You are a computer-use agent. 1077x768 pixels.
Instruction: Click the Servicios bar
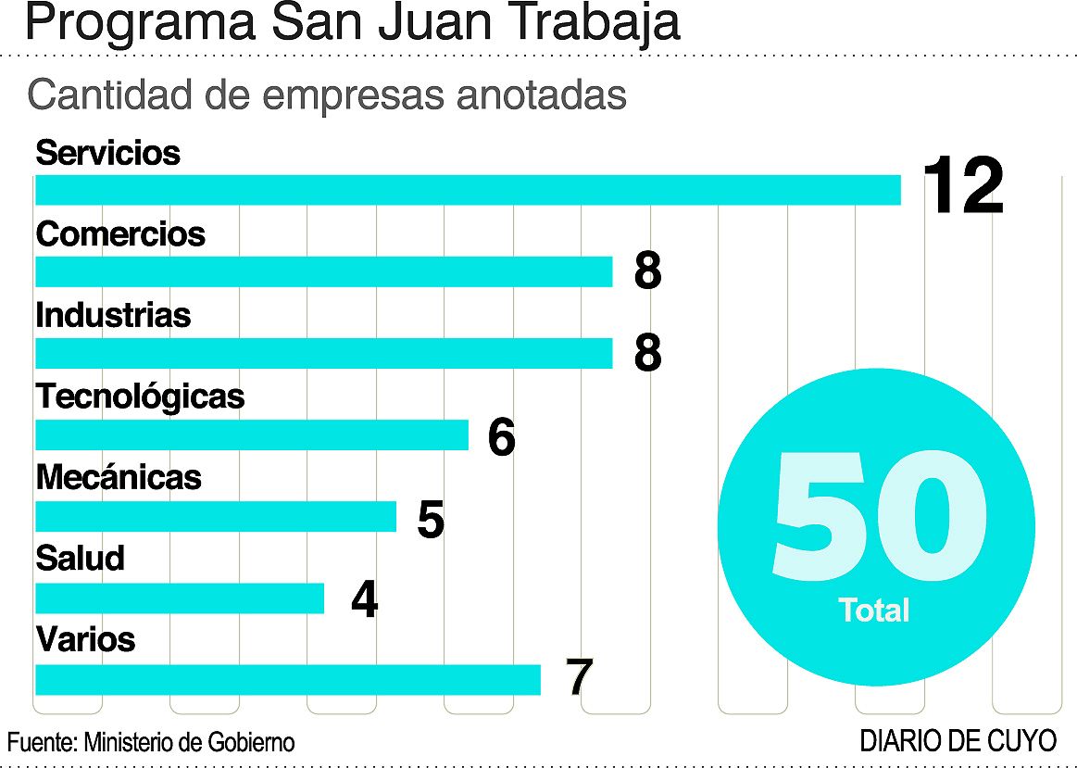click(468, 190)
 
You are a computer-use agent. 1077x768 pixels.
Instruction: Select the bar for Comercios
click(324, 271)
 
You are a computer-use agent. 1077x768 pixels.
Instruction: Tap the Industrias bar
click(324, 353)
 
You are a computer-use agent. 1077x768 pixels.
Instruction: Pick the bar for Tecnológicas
click(252, 434)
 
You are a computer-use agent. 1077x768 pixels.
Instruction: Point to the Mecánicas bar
click(216, 516)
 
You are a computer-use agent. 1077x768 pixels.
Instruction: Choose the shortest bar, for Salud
click(180, 598)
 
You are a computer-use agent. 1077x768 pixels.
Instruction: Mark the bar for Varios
click(288, 679)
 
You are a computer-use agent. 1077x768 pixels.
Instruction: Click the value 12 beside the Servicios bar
click(963, 186)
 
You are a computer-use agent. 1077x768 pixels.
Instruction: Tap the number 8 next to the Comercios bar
click(647, 271)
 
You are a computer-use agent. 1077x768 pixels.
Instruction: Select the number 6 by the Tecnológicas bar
click(501, 437)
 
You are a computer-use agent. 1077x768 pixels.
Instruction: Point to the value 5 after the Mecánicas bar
click(431, 521)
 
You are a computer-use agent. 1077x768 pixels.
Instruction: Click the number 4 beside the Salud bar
click(365, 601)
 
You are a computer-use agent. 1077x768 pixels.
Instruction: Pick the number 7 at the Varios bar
click(579, 678)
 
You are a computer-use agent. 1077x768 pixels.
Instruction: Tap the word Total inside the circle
click(874, 610)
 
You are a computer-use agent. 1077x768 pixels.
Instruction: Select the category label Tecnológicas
click(140, 397)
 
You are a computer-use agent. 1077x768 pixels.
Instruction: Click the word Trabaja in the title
click(580, 24)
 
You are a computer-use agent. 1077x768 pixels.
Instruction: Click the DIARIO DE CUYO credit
click(958, 741)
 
